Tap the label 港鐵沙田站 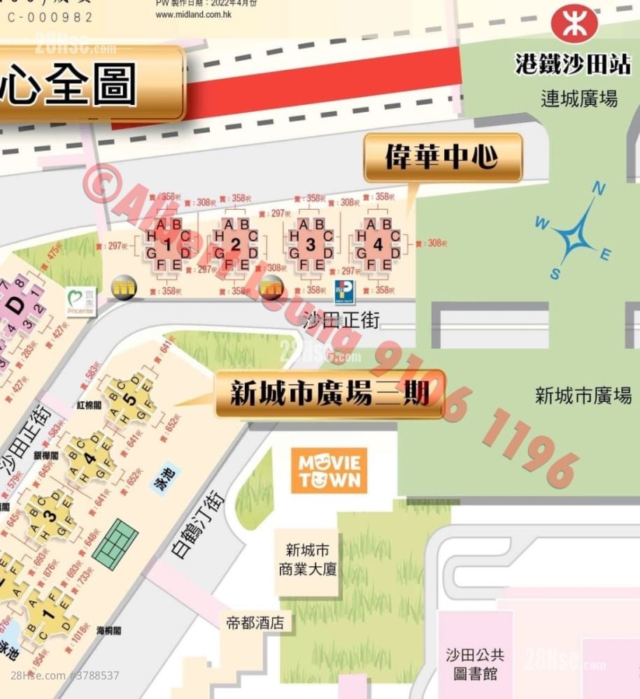point(574,64)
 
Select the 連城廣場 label point(579,99)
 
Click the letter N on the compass point(598,189)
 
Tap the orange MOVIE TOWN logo point(329,471)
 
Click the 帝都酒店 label point(255,622)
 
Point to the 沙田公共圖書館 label point(475,664)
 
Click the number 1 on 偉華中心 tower point(168,245)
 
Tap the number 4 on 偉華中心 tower point(378,245)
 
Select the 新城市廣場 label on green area point(583,396)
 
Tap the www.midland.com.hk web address point(193,14)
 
